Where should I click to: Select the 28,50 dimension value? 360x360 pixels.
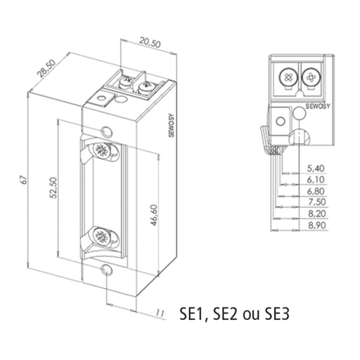[x=48, y=72]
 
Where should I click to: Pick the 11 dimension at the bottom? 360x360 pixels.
[x=160, y=313]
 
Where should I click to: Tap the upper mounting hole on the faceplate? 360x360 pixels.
[x=106, y=131]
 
